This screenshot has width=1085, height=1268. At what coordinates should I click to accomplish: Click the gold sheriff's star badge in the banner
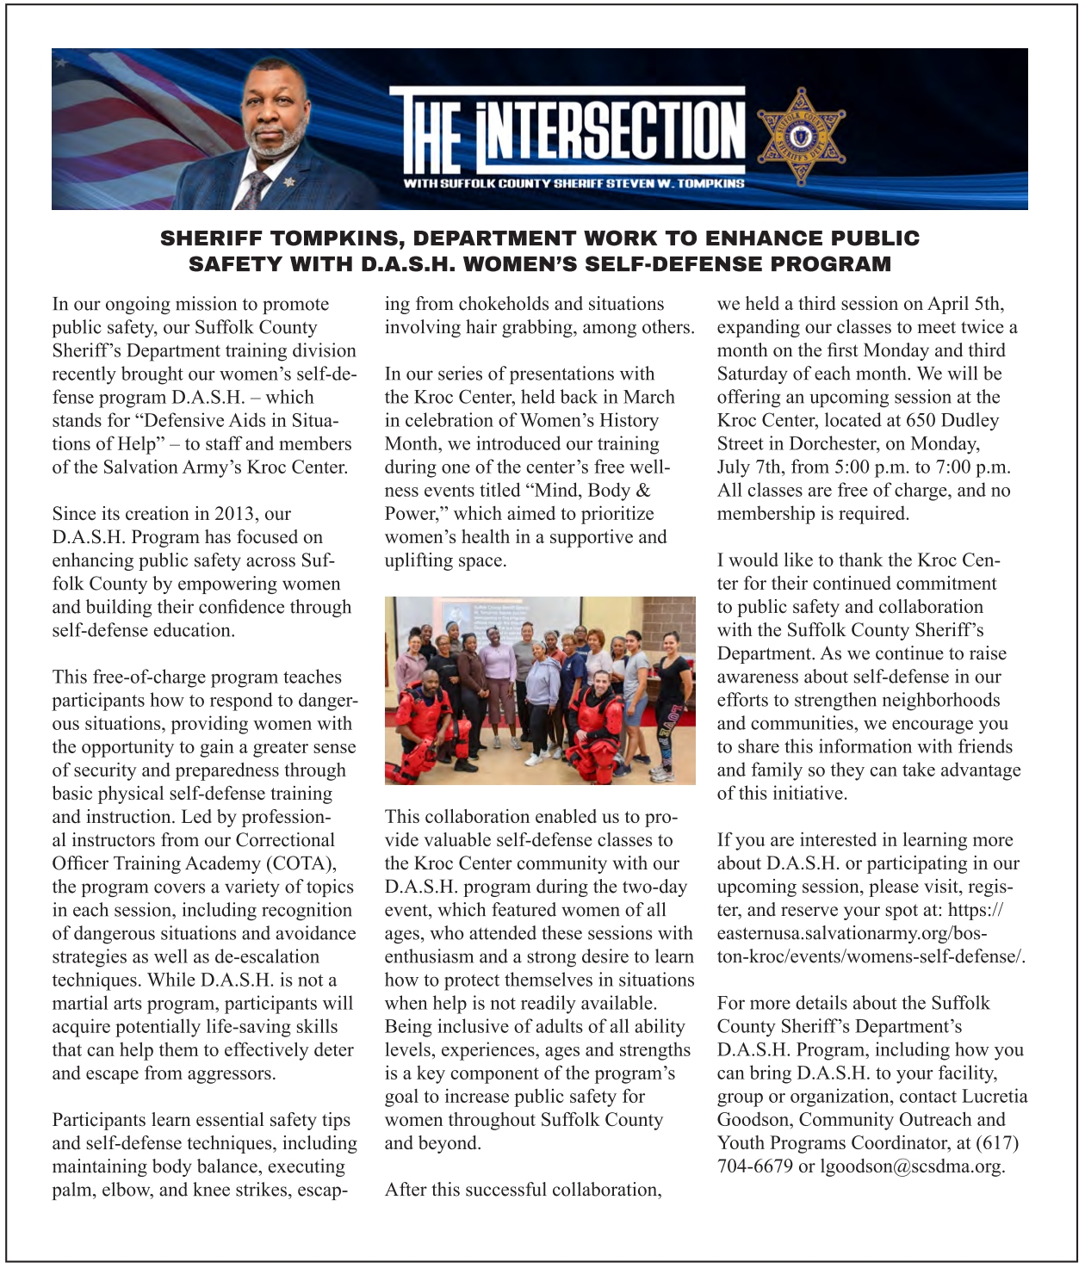[801, 136]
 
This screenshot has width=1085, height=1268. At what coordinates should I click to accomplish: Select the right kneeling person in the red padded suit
[601, 727]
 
